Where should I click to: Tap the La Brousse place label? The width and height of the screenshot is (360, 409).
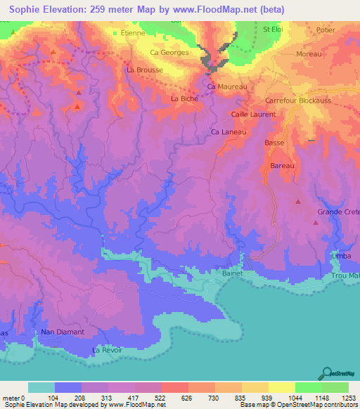(x=145, y=70)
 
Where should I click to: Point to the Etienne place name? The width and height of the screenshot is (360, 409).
(x=133, y=32)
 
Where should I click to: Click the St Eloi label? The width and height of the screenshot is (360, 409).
(x=274, y=30)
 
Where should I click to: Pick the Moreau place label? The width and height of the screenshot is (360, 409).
(x=309, y=54)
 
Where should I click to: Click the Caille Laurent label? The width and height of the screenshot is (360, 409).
(x=253, y=114)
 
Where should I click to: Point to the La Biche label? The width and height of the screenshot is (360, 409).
(x=185, y=99)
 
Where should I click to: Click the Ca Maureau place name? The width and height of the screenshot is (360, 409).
(x=227, y=86)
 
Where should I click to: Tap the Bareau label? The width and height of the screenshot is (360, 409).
(x=282, y=166)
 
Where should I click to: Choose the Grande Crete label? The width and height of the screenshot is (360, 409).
(x=337, y=212)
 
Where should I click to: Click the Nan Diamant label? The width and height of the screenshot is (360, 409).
(x=63, y=332)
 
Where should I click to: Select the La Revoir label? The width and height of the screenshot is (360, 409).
(x=108, y=350)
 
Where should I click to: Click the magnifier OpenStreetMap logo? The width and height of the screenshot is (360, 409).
(x=327, y=373)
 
